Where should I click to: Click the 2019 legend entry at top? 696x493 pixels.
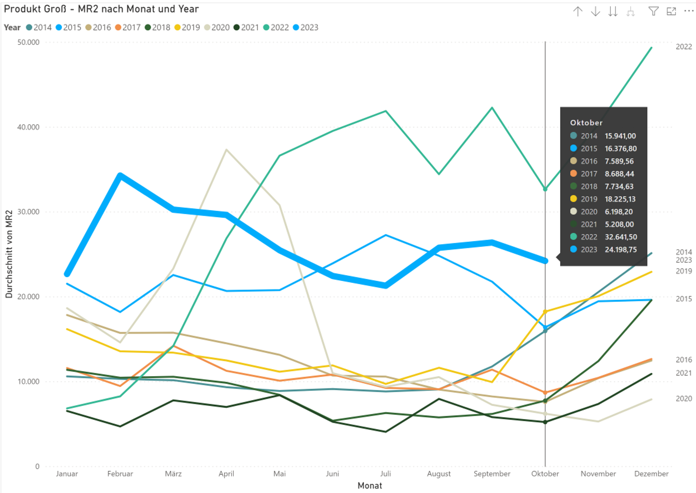tap(187, 28)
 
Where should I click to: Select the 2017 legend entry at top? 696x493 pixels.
tap(128, 28)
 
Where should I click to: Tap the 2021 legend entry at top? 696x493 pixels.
tap(246, 28)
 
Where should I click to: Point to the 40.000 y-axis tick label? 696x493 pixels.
tap(28, 127)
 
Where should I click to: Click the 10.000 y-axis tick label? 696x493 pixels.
tap(28, 382)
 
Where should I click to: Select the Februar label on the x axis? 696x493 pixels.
tap(120, 474)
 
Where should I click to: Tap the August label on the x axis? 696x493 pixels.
tap(439, 474)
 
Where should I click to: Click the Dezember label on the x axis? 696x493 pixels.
tap(651, 474)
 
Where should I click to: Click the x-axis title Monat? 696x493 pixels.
tap(370, 486)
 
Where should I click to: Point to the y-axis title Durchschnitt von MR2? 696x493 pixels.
tap(9, 254)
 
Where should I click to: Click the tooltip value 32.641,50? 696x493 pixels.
tap(621, 237)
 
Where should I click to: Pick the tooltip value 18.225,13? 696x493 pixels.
tap(620, 199)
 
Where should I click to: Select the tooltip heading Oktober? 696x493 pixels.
tap(586, 123)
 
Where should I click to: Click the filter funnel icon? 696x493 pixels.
tap(653, 12)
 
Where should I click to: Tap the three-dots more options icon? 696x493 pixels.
tap(688, 11)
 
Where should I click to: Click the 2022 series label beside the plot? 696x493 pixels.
tap(684, 47)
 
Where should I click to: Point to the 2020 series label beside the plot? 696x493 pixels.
tap(684, 399)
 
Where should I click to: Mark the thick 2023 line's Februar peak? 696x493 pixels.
tap(120, 175)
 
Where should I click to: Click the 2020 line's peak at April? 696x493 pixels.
tap(226, 150)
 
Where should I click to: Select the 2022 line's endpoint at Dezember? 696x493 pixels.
tap(651, 48)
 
